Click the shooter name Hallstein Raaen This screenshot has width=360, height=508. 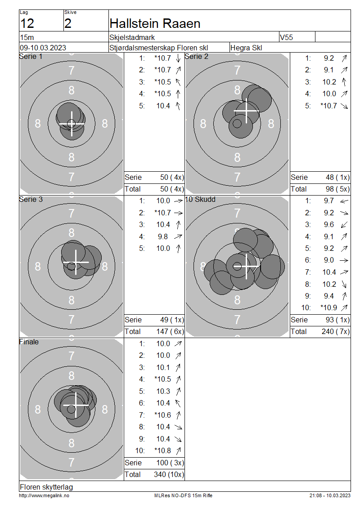click(155, 23)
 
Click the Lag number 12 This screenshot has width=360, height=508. click(27, 24)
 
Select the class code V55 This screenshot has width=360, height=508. click(286, 37)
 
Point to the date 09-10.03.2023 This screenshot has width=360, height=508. click(43, 48)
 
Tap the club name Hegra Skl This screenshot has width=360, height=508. click(246, 48)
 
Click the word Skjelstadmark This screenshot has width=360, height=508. click(132, 37)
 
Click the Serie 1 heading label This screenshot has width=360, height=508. click(31, 56)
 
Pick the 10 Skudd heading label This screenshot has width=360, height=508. click(200, 199)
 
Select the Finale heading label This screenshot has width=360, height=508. click(29, 342)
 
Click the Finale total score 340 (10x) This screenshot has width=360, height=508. click(169, 474)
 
